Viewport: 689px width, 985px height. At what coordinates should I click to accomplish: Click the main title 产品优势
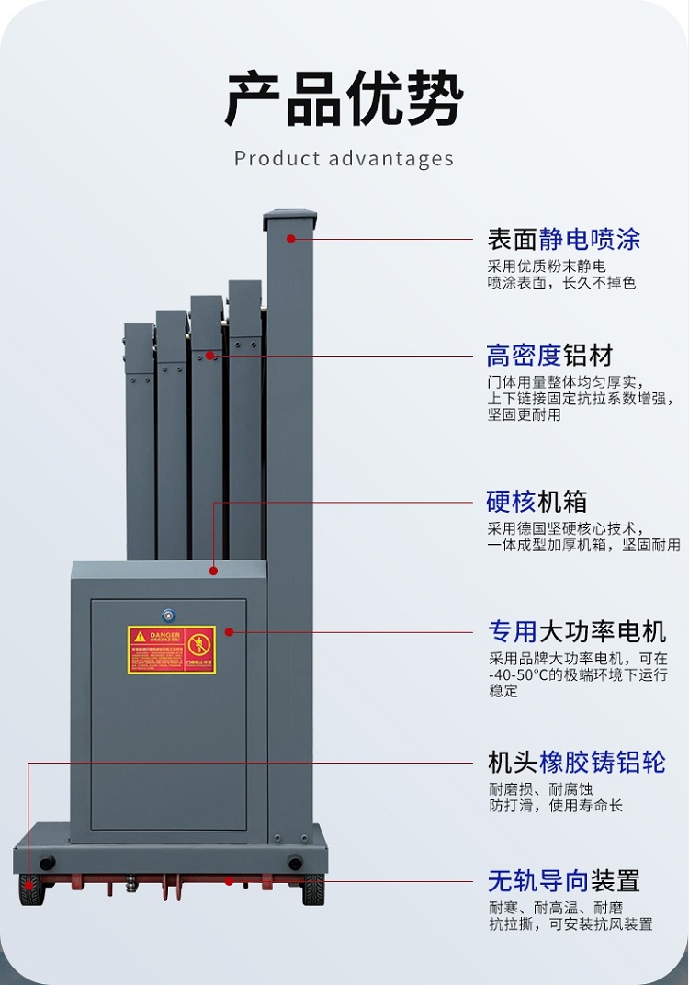click(x=344, y=98)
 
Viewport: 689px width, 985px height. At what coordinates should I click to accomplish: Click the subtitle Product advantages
click(x=344, y=158)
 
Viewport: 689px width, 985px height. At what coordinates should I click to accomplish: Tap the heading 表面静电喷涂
click(x=563, y=240)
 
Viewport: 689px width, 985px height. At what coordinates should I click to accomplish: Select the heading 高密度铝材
click(x=549, y=356)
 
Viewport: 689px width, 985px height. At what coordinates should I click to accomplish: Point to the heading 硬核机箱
click(x=537, y=503)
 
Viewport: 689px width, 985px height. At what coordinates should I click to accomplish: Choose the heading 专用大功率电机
click(x=577, y=631)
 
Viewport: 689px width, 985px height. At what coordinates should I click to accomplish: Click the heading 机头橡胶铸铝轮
click(x=576, y=763)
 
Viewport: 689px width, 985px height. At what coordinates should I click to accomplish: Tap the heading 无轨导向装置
click(x=563, y=881)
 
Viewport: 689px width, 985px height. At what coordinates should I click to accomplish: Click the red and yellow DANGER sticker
click(x=172, y=650)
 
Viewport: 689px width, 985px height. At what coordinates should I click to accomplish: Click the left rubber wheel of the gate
click(x=32, y=889)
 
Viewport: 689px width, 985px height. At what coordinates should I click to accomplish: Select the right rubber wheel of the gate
click(x=313, y=889)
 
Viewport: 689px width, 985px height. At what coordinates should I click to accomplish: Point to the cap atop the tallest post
click(x=289, y=221)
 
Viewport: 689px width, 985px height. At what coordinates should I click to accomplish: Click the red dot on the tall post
click(x=290, y=239)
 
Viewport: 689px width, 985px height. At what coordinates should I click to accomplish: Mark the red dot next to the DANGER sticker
click(x=229, y=631)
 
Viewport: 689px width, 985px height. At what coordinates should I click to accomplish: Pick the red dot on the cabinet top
click(x=213, y=571)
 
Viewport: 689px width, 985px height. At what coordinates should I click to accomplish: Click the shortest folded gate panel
click(x=140, y=441)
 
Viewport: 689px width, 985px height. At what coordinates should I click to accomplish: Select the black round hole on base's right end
click(x=294, y=863)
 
